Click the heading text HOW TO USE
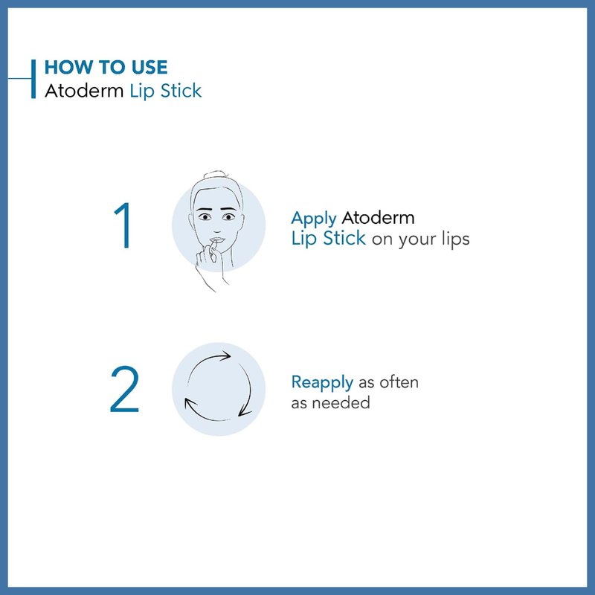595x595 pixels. pos(106,67)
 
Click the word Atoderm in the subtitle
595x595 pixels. pos(84,91)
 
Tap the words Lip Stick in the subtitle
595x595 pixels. pos(166,91)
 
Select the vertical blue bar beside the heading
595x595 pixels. pos(33,79)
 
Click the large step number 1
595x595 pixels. pos(123,225)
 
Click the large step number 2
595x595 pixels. pos(124,389)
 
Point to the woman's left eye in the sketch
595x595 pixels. pos(228,216)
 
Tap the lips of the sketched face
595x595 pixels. pos(217,240)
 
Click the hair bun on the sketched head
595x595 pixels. pos(215,175)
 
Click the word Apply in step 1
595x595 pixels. pos(313,219)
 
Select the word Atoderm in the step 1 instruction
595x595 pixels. pos(378,218)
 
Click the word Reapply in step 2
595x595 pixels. pos(322,383)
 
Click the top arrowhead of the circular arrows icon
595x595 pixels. pos(225,356)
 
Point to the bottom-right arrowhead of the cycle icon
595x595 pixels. pos(244,412)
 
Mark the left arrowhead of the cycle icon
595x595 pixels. pos(189,403)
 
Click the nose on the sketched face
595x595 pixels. pos(217,229)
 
